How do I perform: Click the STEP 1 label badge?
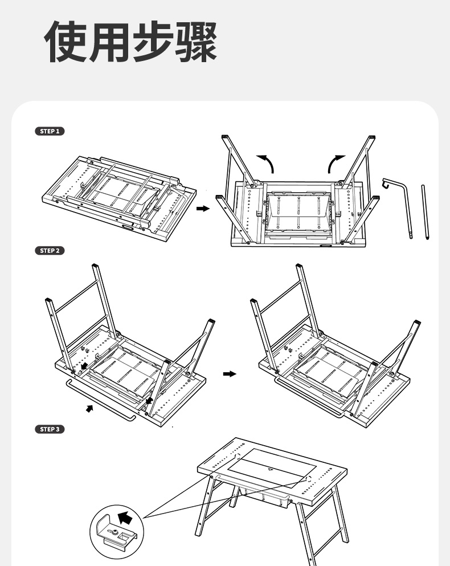click(50, 131)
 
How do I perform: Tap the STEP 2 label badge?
click(50, 251)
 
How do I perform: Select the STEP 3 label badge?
click(50, 429)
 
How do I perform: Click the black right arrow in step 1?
click(202, 209)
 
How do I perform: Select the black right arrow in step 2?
click(229, 374)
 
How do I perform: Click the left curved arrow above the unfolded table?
click(267, 163)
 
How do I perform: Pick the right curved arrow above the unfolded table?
click(335, 163)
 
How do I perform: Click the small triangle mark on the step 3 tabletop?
click(270, 470)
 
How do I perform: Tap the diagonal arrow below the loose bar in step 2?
click(89, 408)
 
